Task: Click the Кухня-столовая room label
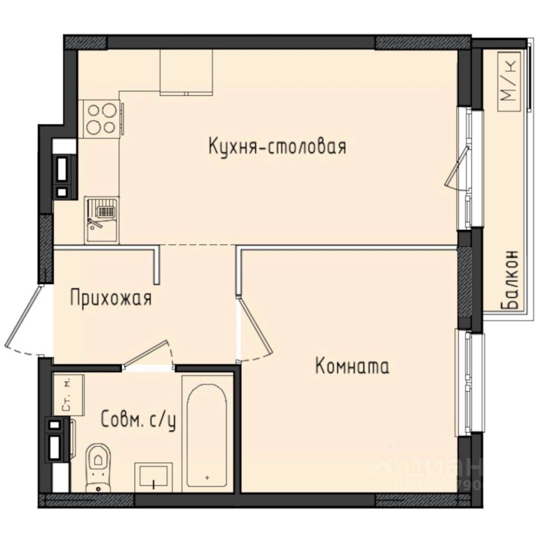click(277, 147)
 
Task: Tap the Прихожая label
click(110, 298)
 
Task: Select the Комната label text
click(352, 367)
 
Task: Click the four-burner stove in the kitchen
click(102, 118)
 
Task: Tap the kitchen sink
click(102, 220)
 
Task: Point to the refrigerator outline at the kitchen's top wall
click(186, 71)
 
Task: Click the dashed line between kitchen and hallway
click(197, 246)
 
